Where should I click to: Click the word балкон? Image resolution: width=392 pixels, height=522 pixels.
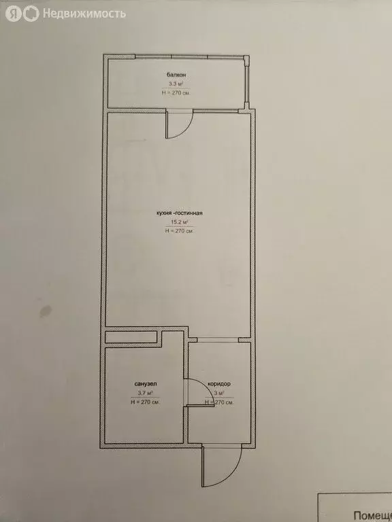click(176, 74)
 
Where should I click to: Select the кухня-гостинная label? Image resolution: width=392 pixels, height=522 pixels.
click(180, 213)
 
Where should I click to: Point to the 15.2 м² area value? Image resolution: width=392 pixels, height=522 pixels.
click(180, 222)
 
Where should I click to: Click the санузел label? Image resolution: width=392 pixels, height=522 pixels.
click(145, 384)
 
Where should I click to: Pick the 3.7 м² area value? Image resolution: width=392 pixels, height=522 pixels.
click(145, 393)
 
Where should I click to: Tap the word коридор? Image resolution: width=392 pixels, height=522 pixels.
click(219, 384)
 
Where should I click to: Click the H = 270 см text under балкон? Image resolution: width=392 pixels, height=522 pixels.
click(176, 92)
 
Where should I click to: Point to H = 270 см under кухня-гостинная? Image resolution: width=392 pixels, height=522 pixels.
click(180, 231)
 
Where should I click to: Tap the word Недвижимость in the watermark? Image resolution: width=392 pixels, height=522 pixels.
click(84, 13)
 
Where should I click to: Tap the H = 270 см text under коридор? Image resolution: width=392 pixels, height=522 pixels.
click(219, 402)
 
